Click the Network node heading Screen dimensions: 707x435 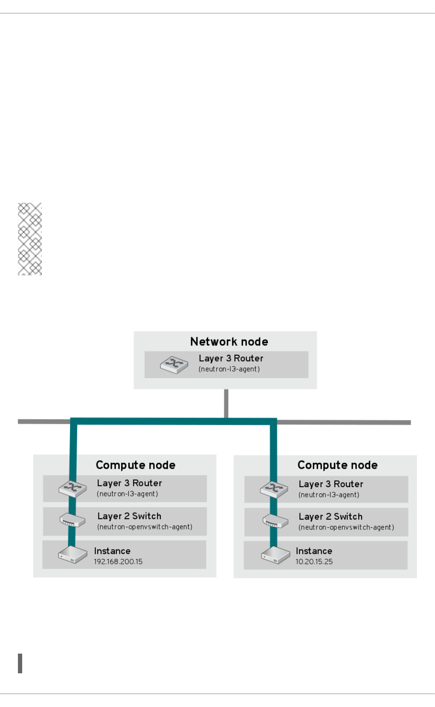[x=229, y=342]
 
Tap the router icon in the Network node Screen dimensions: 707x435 [x=174, y=365]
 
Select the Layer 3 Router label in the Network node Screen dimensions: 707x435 [x=231, y=358]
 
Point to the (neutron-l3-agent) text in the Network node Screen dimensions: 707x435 [x=229, y=369]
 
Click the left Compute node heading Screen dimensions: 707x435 [x=136, y=465]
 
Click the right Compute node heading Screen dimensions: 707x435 [x=337, y=465]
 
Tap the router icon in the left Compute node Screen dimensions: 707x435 [x=73, y=489]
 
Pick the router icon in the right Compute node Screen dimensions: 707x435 [x=274, y=489]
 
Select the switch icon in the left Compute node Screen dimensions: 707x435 [x=72, y=520]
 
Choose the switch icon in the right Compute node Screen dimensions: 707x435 [x=275, y=521]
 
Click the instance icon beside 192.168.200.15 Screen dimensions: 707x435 [x=72, y=555]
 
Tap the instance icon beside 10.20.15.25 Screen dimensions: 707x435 [x=275, y=555]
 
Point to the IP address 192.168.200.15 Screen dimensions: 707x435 [x=118, y=562]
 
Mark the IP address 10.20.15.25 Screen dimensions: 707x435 [x=314, y=562]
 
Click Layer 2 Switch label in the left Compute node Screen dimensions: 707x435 [x=129, y=516]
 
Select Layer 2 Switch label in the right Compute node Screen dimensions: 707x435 [x=331, y=517]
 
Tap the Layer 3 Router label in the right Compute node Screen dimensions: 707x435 [x=331, y=484]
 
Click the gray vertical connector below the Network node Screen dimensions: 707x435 [x=226, y=403]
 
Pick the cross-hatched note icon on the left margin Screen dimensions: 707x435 [x=30, y=239]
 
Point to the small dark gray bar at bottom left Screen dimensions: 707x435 [x=20, y=663]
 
